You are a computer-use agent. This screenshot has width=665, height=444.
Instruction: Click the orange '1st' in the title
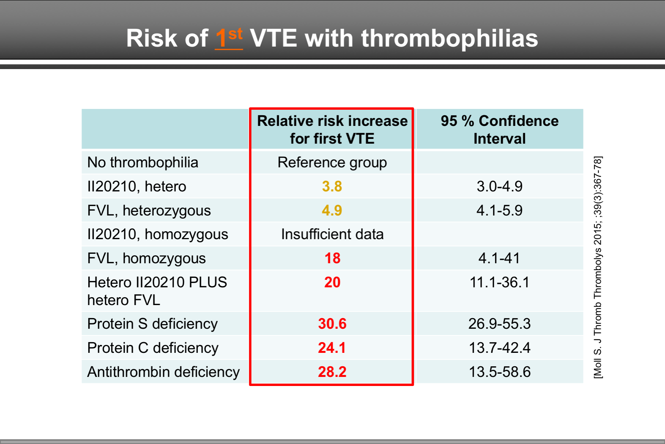pyautogui.click(x=229, y=38)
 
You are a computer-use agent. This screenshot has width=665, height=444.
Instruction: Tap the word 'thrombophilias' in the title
pyautogui.click(x=449, y=38)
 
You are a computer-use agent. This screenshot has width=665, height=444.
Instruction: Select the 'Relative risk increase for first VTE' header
pyautogui.click(x=332, y=129)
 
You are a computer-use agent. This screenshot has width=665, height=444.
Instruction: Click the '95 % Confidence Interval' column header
pyautogui.click(x=499, y=129)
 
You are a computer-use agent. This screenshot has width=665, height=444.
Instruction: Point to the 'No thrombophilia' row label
pyautogui.click(x=143, y=163)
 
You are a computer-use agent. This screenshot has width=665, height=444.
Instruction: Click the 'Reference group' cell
pyautogui.click(x=332, y=163)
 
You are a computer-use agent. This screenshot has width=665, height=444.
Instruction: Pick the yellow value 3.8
pyautogui.click(x=332, y=186)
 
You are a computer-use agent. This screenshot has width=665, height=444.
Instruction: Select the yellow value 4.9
pyautogui.click(x=332, y=210)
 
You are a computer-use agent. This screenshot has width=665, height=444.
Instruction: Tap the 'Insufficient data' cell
pyautogui.click(x=332, y=234)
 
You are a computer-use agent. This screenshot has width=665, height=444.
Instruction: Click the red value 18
pyautogui.click(x=332, y=259)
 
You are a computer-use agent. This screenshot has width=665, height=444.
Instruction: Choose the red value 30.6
pyautogui.click(x=332, y=324)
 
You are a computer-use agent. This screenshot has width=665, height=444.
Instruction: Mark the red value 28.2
pyautogui.click(x=332, y=372)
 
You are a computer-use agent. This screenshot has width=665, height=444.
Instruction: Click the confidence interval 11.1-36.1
pyautogui.click(x=499, y=283)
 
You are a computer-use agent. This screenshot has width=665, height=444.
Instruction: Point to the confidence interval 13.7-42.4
pyautogui.click(x=499, y=348)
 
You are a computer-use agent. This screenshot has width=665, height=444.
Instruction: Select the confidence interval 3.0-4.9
pyautogui.click(x=499, y=186)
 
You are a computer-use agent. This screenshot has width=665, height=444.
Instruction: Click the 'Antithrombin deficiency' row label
pyautogui.click(x=163, y=372)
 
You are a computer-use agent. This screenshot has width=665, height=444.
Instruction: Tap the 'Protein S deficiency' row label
pyautogui.click(x=152, y=324)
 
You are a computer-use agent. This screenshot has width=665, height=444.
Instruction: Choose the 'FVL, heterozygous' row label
pyautogui.click(x=149, y=210)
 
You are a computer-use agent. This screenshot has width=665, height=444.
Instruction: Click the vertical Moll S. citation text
pyautogui.click(x=598, y=268)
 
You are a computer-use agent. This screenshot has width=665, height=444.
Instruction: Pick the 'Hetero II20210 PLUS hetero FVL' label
pyautogui.click(x=157, y=291)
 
